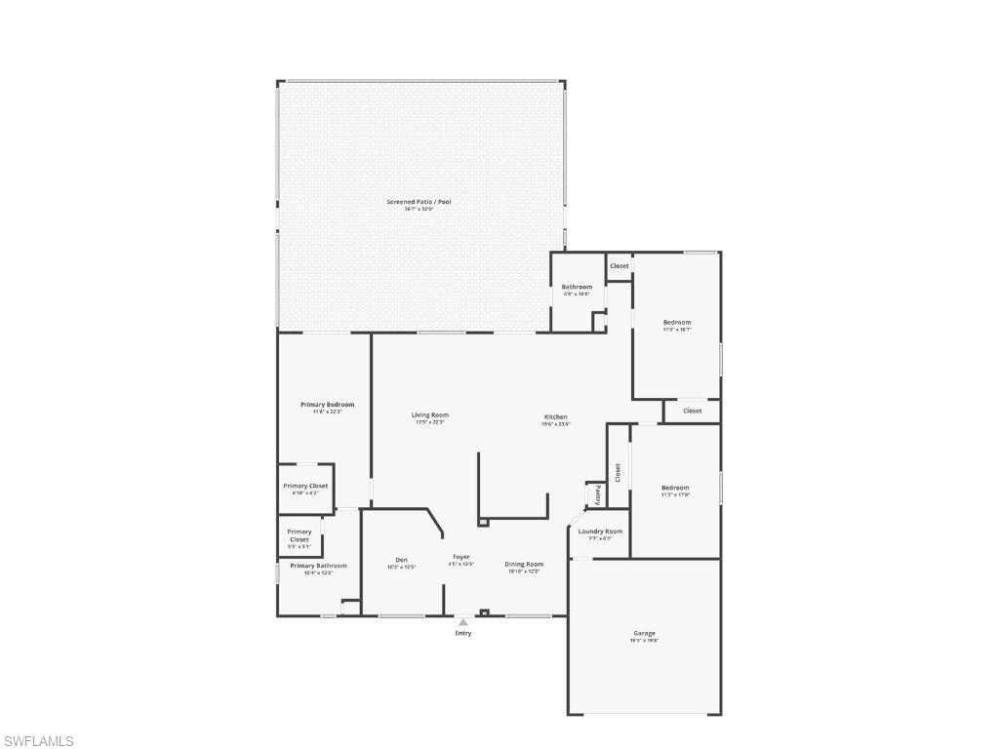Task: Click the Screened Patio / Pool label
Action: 419,202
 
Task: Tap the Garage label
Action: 644,633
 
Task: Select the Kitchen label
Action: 556,417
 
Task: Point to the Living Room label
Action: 430,415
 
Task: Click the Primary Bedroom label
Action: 327,405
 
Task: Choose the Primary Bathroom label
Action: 318,566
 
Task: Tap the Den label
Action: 401,560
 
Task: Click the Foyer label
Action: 460,557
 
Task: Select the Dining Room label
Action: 524,564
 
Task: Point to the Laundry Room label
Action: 600,532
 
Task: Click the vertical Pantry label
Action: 597,494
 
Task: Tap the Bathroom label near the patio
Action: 577,287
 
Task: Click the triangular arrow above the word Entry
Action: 463,622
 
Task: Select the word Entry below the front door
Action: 463,634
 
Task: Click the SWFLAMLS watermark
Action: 39,741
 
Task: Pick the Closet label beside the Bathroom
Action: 619,266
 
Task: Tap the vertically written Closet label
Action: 618,472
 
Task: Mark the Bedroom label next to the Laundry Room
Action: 675,488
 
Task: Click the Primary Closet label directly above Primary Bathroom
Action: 300,535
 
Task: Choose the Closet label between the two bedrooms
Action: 692,411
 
